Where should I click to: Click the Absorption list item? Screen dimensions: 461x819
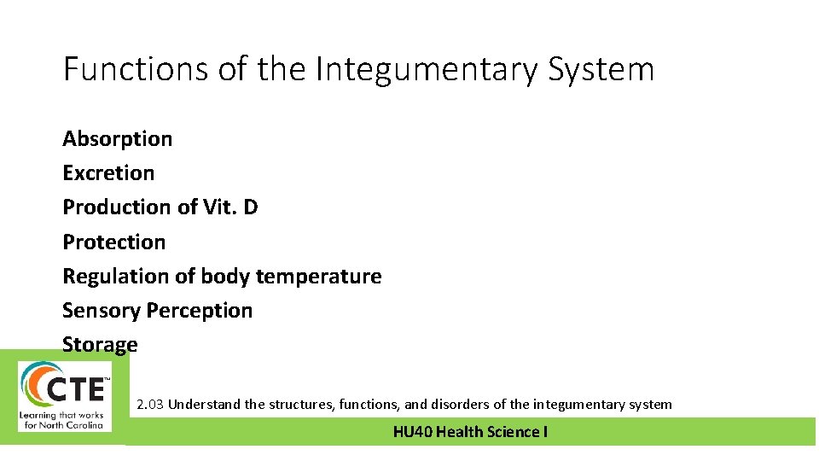pos(117,138)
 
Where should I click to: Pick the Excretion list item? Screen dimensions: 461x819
pos(108,172)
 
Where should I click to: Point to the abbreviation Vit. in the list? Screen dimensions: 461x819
pos(220,207)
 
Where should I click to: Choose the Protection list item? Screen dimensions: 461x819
pos(113,242)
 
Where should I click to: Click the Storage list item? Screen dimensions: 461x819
pos(100,345)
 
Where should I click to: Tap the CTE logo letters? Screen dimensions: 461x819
pos(77,389)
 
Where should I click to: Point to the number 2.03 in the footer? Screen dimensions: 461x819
pos(150,405)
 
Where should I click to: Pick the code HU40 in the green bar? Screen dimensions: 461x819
pos(413,432)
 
